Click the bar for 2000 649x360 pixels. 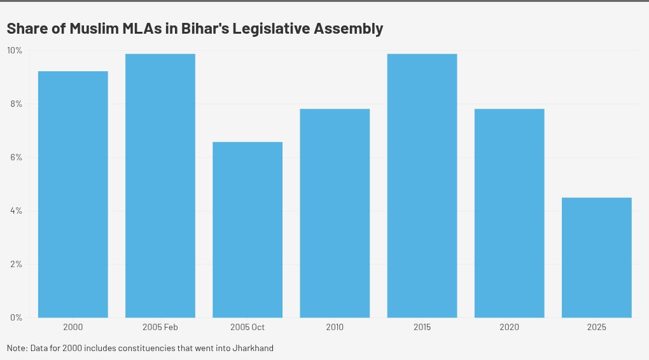coord(73,194)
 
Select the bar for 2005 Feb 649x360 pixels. coord(160,186)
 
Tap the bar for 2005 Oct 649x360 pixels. coord(248,230)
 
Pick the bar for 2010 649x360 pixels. coord(335,213)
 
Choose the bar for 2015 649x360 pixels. coord(422,186)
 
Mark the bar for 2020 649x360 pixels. coord(509,213)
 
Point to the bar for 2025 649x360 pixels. coord(597,258)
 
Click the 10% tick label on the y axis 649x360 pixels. coord(14,50)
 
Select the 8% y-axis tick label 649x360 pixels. coord(15,104)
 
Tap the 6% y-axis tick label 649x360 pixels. coord(15,157)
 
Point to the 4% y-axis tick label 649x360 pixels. coord(15,211)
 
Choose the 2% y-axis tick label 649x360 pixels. coord(15,264)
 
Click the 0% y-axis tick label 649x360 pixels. coord(15,317)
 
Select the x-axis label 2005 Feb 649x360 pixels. coord(160,328)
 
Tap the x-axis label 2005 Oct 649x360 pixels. coord(248,328)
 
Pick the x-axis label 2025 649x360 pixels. coord(597,328)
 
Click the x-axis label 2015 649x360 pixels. coord(422,328)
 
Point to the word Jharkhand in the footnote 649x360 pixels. coord(253,349)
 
